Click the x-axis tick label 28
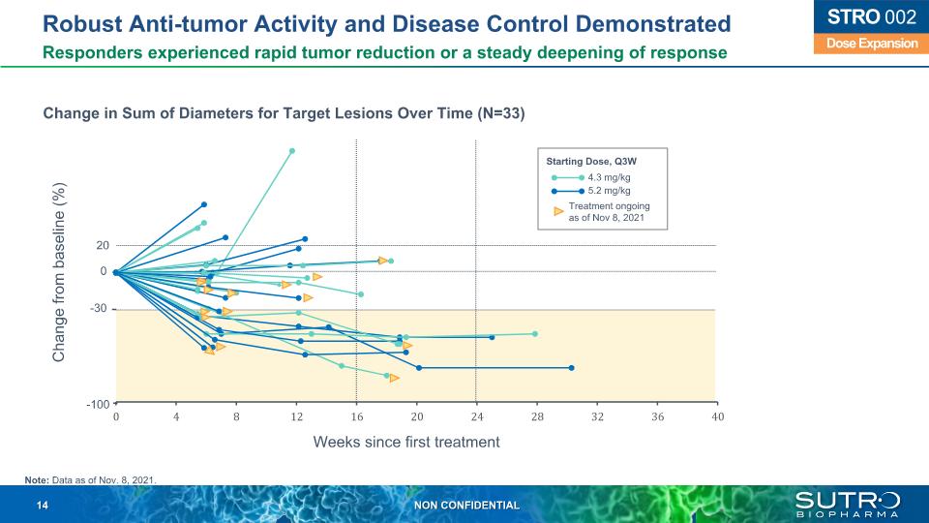coord(537,416)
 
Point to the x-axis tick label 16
coord(357,416)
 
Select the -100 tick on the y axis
coord(98,403)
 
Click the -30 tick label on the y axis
coord(99,309)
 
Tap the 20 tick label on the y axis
coord(102,246)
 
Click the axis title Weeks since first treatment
coord(406,442)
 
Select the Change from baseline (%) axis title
coord(60,272)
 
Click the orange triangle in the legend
coord(558,210)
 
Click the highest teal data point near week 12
coord(292,150)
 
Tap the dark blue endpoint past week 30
coord(572,367)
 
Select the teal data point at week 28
coord(535,333)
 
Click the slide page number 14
coord(43,506)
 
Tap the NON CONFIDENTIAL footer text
coord(466,506)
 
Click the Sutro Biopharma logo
coord(848,504)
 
